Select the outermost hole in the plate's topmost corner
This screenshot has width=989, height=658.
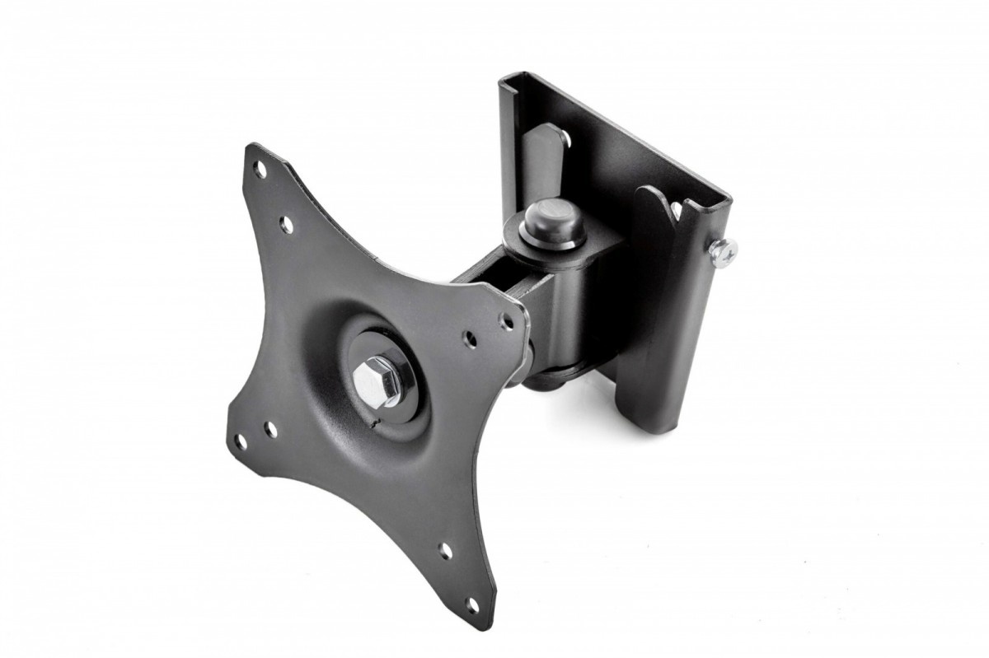pyautogui.click(x=260, y=170)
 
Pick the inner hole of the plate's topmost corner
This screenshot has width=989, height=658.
pyautogui.click(x=286, y=223)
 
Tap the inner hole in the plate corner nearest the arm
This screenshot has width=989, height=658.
pyautogui.click(x=471, y=338)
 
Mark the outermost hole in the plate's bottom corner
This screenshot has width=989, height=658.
pyautogui.click(x=473, y=605)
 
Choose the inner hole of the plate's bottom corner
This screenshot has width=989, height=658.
pyautogui.click(x=446, y=550)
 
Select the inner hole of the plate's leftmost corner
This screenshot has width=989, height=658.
pyautogui.click(x=270, y=429)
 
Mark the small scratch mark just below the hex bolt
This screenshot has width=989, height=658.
pyautogui.click(x=376, y=423)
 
